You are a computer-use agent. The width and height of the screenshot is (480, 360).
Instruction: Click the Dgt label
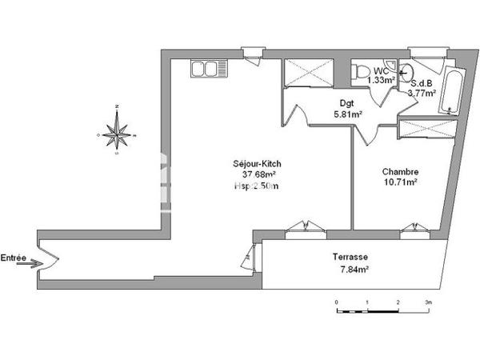click(x=346, y=102)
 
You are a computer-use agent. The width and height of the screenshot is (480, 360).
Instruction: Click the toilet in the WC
click(x=358, y=71)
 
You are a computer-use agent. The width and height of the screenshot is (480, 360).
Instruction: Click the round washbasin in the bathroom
click(x=415, y=70)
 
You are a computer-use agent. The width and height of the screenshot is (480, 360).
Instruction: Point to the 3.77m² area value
click(x=422, y=93)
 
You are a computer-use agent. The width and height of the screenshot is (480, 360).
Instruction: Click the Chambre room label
click(x=401, y=171)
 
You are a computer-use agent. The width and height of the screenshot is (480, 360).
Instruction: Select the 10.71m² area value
click(x=401, y=182)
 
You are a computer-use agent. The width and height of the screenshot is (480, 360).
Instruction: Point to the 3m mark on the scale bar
click(x=428, y=302)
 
